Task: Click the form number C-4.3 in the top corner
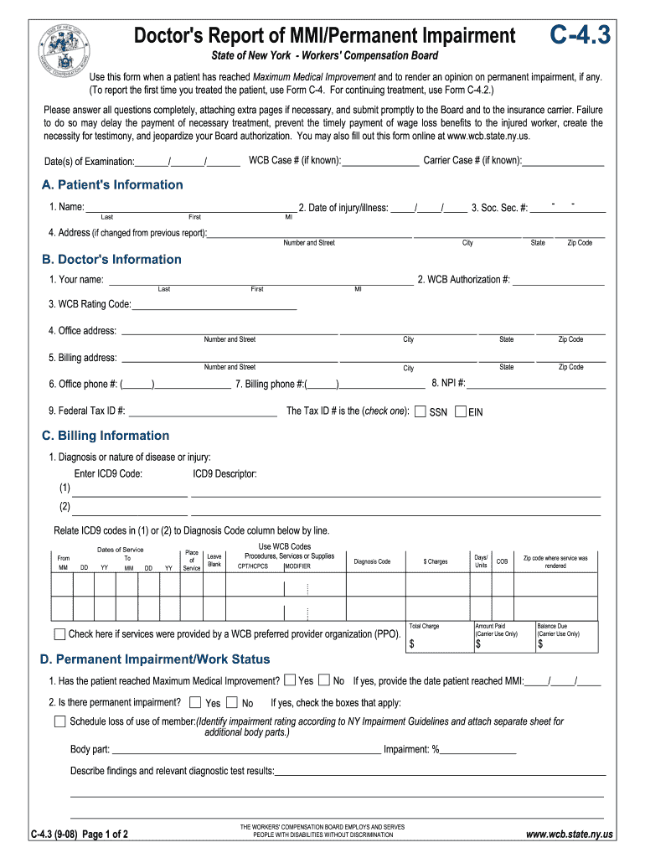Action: [580, 34]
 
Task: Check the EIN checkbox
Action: [460, 411]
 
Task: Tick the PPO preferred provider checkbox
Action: [60, 634]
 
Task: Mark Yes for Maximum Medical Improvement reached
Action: [290, 680]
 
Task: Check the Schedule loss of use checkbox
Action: [60, 721]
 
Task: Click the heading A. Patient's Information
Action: [112, 185]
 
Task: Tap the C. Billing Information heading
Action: [106, 436]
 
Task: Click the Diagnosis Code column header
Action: [372, 561]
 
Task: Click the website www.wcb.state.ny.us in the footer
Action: [570, 835]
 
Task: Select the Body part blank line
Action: [246, 751]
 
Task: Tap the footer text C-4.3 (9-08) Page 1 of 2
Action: [80, 835]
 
